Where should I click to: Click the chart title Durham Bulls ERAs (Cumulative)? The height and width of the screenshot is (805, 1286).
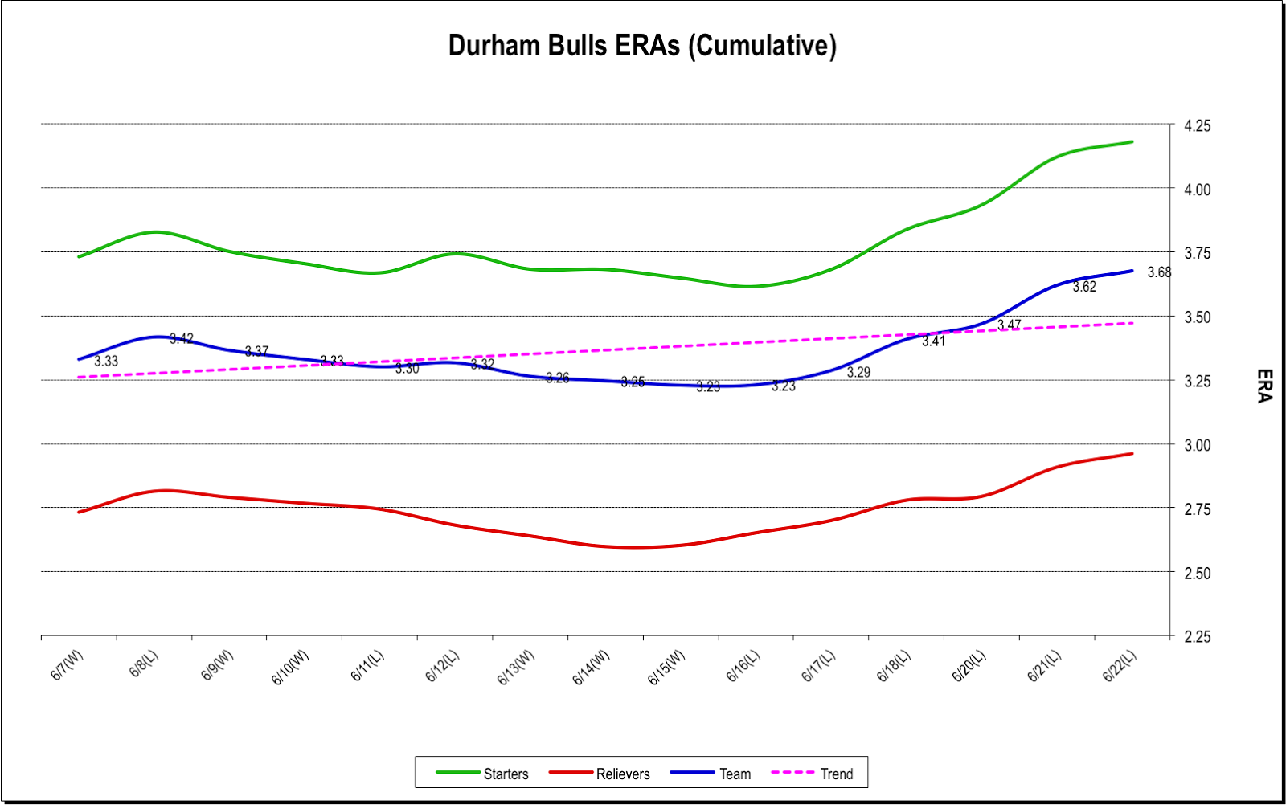pos(642,46)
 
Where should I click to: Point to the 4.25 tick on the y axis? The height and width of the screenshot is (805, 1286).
pos(1197,125)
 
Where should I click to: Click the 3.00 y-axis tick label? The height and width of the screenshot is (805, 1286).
pos(1197,445)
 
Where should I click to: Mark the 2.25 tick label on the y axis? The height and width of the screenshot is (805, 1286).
pos(1197,636)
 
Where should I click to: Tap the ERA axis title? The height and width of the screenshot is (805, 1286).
pos(1264,386)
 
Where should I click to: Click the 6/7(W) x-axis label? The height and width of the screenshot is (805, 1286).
pos(67,666)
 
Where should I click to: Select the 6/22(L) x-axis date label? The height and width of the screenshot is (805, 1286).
pos(1120,666)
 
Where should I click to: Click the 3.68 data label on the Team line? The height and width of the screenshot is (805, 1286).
pos(1159,272)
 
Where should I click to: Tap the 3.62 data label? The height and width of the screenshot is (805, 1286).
pos(1084,287)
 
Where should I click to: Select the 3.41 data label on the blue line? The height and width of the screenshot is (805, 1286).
pos(933,341)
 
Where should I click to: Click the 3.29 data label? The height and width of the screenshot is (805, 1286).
pos(858,372)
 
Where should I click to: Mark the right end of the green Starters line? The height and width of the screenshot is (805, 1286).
pos(1132,142)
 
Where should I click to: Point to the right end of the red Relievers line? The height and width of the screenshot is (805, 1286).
pos(1132,454)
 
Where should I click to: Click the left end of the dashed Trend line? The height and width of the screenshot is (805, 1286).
pos(79,377)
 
